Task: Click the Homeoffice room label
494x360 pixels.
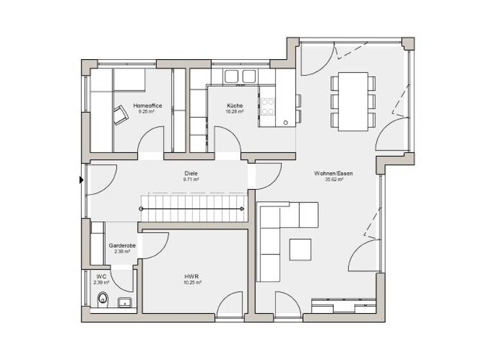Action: coord(147,105)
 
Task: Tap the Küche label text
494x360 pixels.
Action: coord(234,105)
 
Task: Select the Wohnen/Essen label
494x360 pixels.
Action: coord(333,174)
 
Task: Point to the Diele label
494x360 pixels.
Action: coord(190,174)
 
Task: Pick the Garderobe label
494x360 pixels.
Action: coord(121,246)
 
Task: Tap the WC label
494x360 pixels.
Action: coord(101,276)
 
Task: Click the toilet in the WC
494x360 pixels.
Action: coord(102,299)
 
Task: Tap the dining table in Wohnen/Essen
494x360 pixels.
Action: coord(352,102)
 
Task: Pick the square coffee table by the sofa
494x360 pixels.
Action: coord(300,249)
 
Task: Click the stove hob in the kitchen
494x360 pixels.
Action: coord(267,107)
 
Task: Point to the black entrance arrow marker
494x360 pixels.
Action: coord(82,181)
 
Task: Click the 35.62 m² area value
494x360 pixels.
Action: coord(333,180)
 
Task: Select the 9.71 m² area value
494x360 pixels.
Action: coord(190,180)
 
